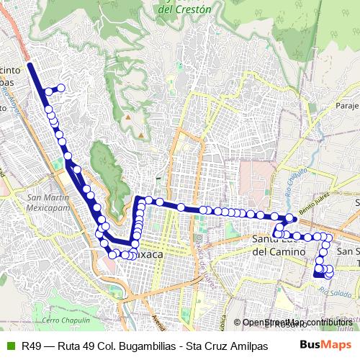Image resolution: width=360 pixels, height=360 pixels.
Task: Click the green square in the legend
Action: point(9,346)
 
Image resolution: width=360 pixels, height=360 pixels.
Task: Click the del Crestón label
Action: point(185,10)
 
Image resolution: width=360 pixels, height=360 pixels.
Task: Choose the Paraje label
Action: point(346,106)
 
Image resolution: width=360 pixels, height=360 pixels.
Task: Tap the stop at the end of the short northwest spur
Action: point(61,89)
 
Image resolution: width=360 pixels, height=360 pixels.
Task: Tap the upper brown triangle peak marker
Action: point(127,116)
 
